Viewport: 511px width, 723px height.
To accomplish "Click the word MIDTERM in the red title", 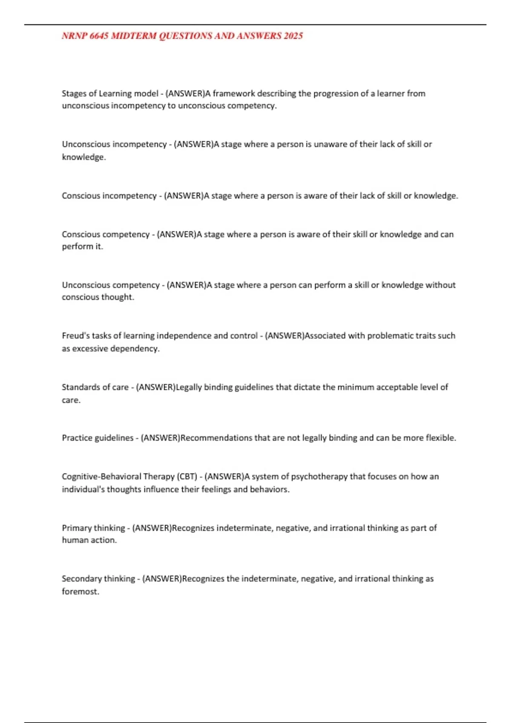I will tap(133, 36).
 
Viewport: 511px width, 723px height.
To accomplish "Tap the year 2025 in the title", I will tap(293, 36).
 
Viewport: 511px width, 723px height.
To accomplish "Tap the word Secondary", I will tap(81, 578).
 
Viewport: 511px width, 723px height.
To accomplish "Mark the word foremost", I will tap(80, 591).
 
